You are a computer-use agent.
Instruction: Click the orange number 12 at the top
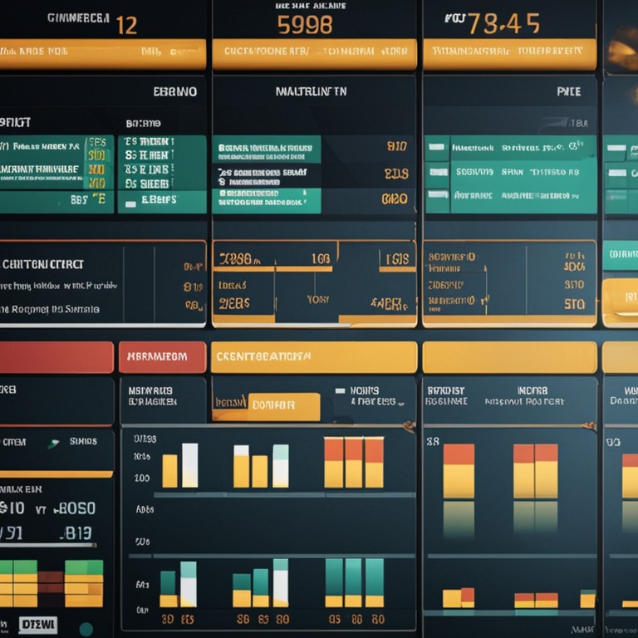[x=126, y=24]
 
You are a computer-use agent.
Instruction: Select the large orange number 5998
[x=305, y=25]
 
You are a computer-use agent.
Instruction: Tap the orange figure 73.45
[x=503, y=23]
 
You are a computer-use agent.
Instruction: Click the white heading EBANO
[x=175, y=91]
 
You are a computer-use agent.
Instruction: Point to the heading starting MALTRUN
[x=311, y=91]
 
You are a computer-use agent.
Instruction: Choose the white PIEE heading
[x=568, y=91]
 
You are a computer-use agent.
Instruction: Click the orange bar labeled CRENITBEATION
[x=313, y=356]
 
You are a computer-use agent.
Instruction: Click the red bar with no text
[x=56, y=357]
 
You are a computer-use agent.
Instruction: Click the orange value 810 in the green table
[x=397, y=147]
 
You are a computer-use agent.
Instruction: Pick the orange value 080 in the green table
[x=395, y=199]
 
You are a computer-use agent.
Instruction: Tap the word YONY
[x=317, y=299]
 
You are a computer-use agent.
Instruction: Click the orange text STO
[x=574, y=304]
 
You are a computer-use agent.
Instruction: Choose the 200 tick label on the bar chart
[x=141, y=478]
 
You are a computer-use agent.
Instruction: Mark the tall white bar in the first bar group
[x=190, y=464]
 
